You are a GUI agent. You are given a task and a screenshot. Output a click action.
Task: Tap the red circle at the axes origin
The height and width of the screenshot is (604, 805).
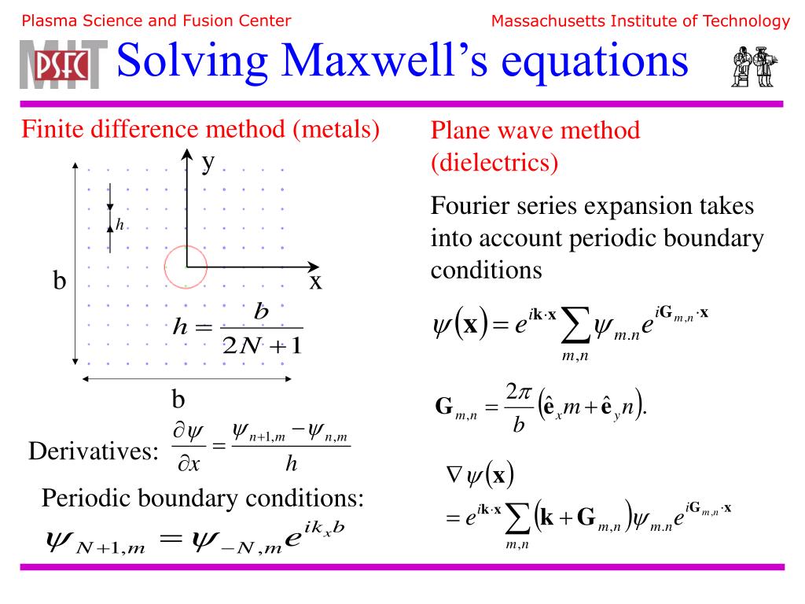186,266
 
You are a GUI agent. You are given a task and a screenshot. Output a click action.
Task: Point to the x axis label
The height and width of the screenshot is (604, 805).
315,281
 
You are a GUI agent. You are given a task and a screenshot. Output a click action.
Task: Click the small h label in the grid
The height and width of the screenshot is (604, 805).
120,225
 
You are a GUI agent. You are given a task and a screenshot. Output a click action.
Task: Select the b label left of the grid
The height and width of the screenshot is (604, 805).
59,282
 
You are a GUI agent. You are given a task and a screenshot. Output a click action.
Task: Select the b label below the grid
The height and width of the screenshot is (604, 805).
178,400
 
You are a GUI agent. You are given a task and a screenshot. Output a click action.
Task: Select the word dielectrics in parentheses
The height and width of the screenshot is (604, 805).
494,162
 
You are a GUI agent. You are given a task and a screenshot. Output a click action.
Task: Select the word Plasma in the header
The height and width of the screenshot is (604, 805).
44,21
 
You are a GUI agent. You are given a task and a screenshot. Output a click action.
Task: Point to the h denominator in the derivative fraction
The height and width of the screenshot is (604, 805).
291,465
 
